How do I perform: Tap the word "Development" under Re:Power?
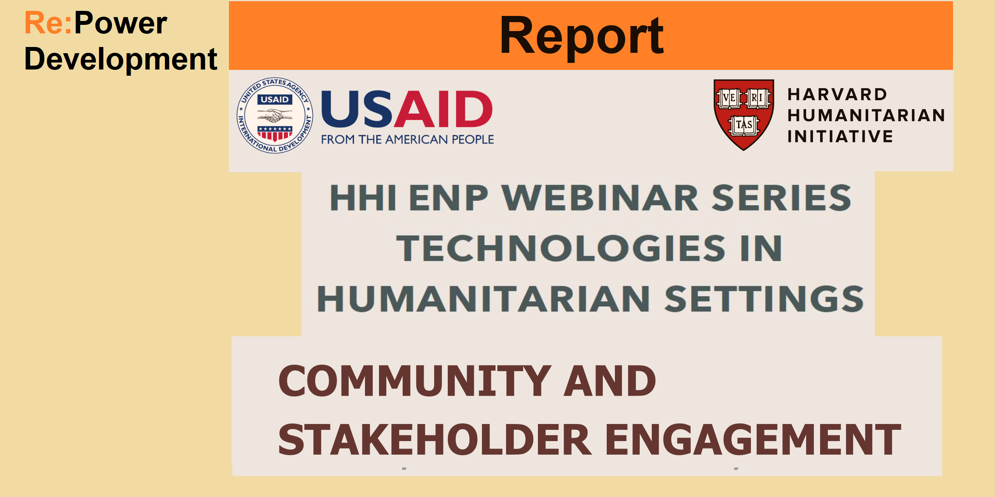coord(120,59)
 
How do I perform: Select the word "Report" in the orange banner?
coord(582,37)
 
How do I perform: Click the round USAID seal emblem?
coord(275,115)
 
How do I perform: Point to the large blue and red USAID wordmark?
coord(407,109)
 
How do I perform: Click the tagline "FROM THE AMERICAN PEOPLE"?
coord(407,139)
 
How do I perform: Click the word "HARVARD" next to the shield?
coord(838,94)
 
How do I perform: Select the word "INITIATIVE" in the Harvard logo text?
coord(840,136)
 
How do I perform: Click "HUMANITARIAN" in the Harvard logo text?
coord(866,115)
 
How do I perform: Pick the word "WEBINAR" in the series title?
coord(600,198)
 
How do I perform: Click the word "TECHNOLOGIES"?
coord(560,248)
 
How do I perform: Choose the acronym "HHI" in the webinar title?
coord(363,198)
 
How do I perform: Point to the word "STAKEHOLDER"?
coord(435,439)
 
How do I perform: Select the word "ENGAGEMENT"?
coord(753,439)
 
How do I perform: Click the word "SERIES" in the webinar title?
coord(782,198)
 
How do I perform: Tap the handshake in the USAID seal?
coord(275,115)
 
